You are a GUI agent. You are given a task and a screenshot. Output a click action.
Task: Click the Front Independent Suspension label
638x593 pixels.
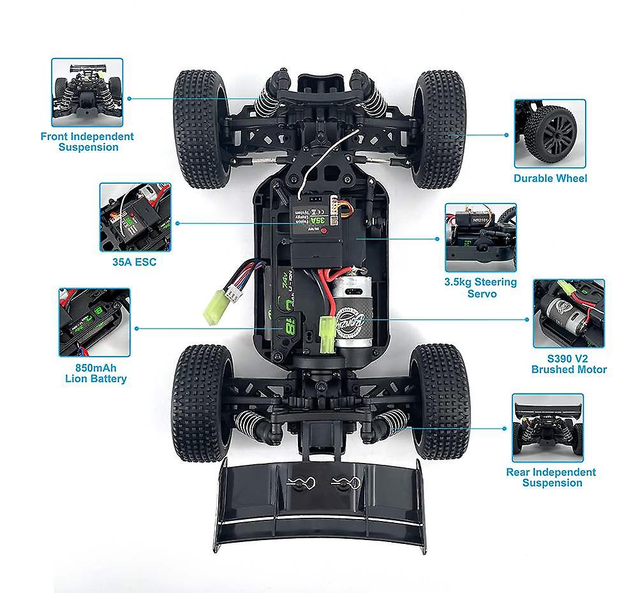(87, 142)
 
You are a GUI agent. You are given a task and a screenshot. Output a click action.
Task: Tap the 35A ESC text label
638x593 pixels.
(135, 262)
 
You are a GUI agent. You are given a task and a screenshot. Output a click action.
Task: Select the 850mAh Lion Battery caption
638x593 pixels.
(96, 373)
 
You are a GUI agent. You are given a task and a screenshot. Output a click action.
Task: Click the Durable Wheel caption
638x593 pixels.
(550, 179)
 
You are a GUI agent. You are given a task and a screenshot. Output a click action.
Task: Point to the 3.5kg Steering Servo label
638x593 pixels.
(480, 288)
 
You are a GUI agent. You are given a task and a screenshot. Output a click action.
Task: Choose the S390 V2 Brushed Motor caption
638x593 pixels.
(568, 364)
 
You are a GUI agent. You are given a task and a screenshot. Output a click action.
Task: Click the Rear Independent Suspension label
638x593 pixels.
(551, 477)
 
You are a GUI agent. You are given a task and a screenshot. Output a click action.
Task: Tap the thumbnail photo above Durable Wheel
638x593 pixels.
(549, 133)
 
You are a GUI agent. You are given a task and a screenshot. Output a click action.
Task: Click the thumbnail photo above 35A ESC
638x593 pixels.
(135, 217)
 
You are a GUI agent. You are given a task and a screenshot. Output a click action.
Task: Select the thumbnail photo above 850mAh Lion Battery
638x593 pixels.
(94, 322)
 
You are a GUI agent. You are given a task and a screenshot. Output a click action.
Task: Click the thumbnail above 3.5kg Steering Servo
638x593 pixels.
(480, 238)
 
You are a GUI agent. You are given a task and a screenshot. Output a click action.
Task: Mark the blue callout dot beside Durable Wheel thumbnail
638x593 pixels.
(506, 135)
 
